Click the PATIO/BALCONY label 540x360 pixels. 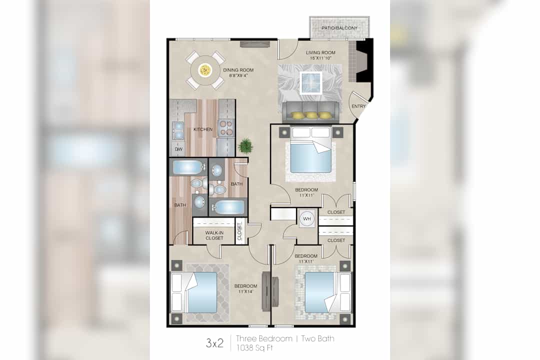click(339, 28)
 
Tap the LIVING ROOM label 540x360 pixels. click(320, 52)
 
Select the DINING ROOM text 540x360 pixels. click(238, 70)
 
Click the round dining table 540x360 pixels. click(205, 70)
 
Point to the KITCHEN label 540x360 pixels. click(203, 129)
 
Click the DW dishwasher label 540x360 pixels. click(178, 149)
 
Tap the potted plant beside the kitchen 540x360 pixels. click(245, 145)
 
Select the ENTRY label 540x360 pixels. click(358, 106)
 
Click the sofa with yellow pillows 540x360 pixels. click(310, 111)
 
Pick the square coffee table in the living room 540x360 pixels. click(311, 82)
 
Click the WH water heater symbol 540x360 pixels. click(307, 218)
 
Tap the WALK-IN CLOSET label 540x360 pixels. click(214, 235)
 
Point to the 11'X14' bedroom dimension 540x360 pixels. click(245, 291)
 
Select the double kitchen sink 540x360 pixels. click(178, 130)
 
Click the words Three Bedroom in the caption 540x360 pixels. click(264, 338)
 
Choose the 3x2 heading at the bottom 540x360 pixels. click(214, 343)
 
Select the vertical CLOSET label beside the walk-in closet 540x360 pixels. click(239, 231)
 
